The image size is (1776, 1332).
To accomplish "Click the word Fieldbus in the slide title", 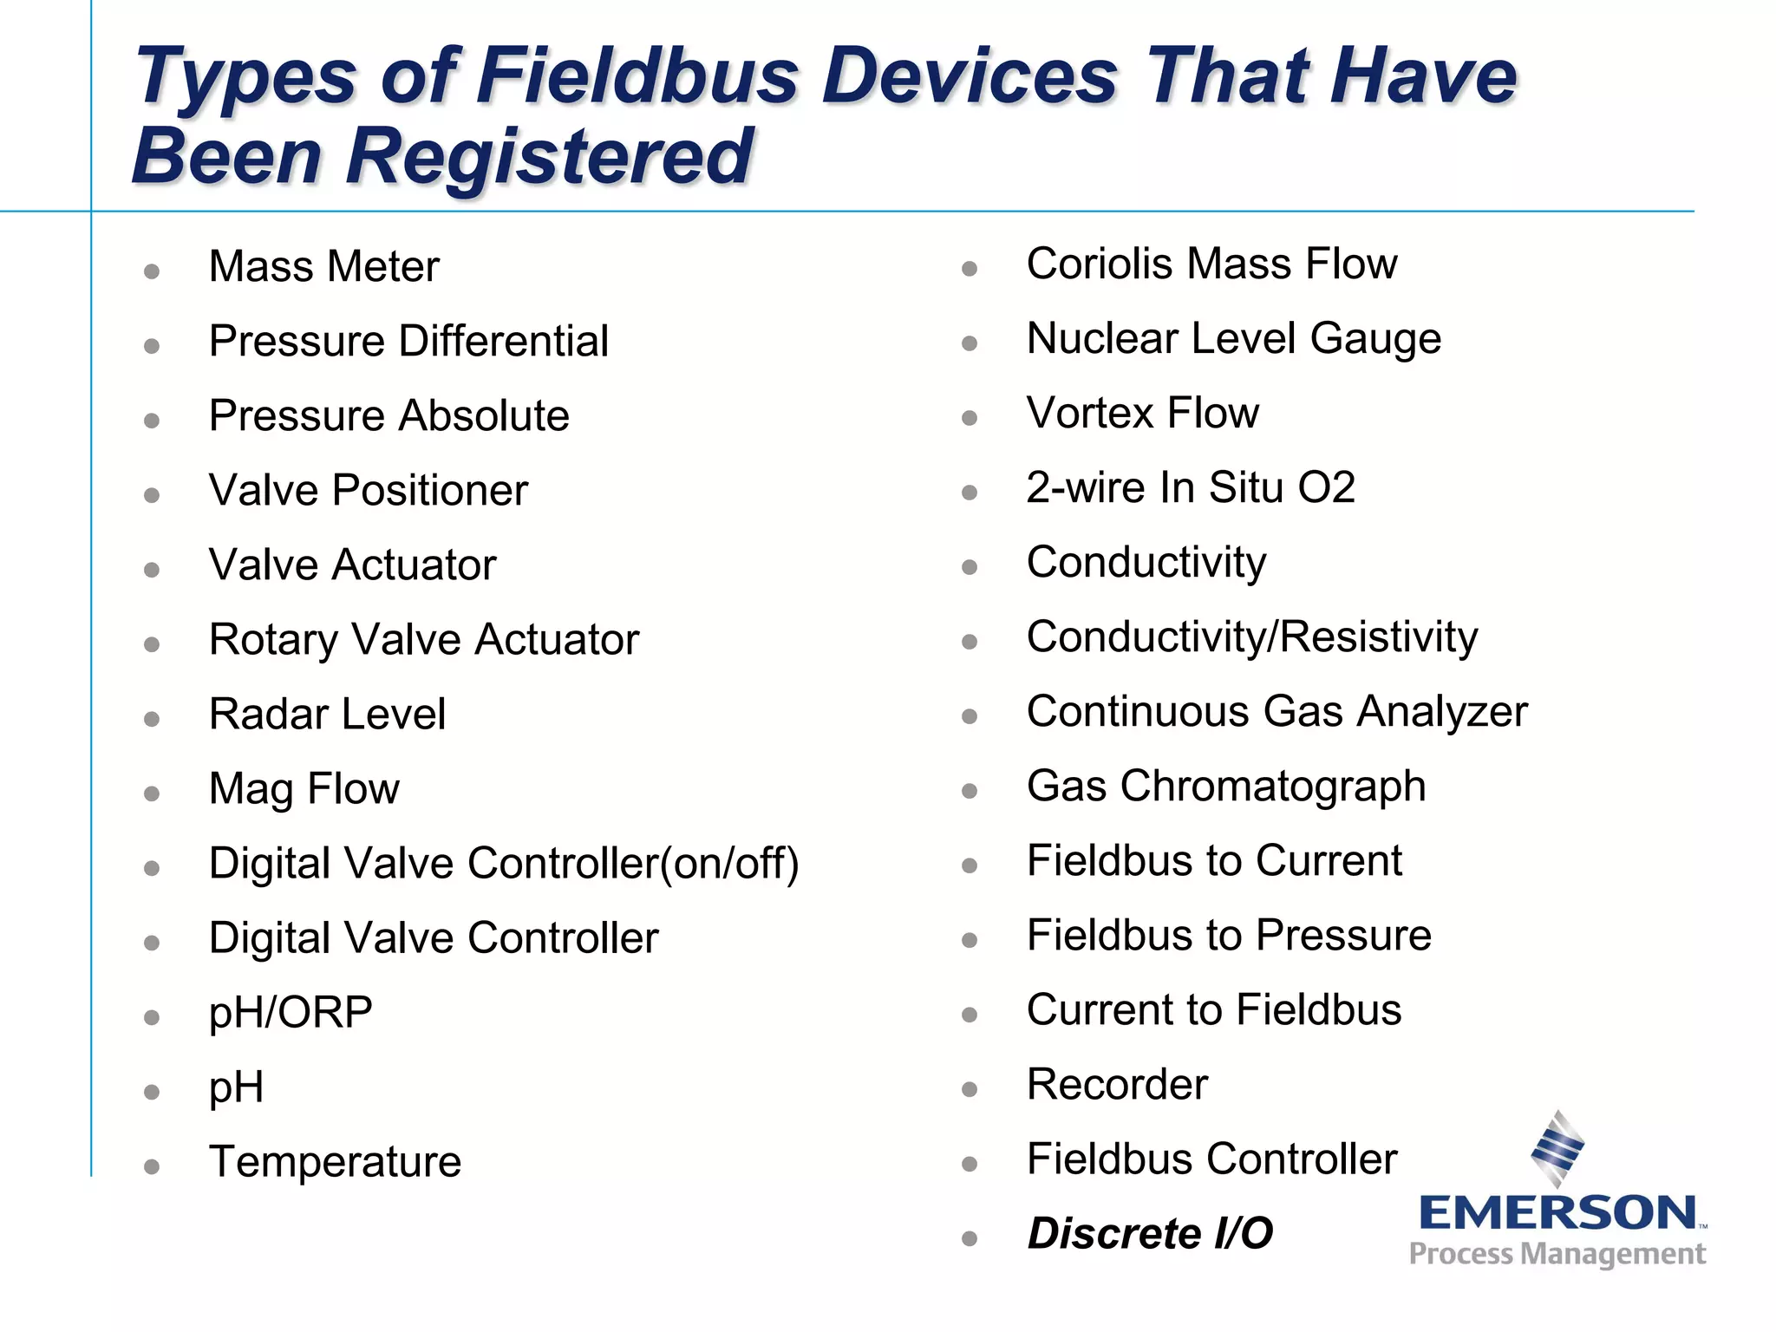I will [637, 76].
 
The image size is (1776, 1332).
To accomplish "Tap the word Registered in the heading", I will [549, 157].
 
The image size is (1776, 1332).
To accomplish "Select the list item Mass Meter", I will [323, 266].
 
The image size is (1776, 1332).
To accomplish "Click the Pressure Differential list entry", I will [408, 341].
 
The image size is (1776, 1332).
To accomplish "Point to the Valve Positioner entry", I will [368, 491].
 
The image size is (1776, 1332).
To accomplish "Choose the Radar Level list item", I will [327, 715].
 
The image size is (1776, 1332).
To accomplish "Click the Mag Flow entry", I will [304, 789].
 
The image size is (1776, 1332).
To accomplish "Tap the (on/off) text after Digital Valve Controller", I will [729, 864].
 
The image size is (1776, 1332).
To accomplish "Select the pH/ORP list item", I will [291, 1013].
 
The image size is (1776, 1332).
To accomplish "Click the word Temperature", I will [335, 1162].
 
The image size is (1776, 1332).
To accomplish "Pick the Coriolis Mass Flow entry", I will [1211, 264].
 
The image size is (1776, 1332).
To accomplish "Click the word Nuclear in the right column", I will [1100, 338].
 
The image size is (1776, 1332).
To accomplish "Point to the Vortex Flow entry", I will [1142, 413].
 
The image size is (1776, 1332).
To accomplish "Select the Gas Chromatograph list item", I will [1225, 787].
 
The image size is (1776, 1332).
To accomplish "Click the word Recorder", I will [1117, 1085].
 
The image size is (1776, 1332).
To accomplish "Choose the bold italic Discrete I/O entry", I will [1149, 1233].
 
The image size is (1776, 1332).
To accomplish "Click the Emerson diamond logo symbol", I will [1558, 1147].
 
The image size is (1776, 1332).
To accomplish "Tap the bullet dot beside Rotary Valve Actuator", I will [152, 644].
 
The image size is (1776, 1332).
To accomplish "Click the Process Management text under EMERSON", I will [1557, 1254].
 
